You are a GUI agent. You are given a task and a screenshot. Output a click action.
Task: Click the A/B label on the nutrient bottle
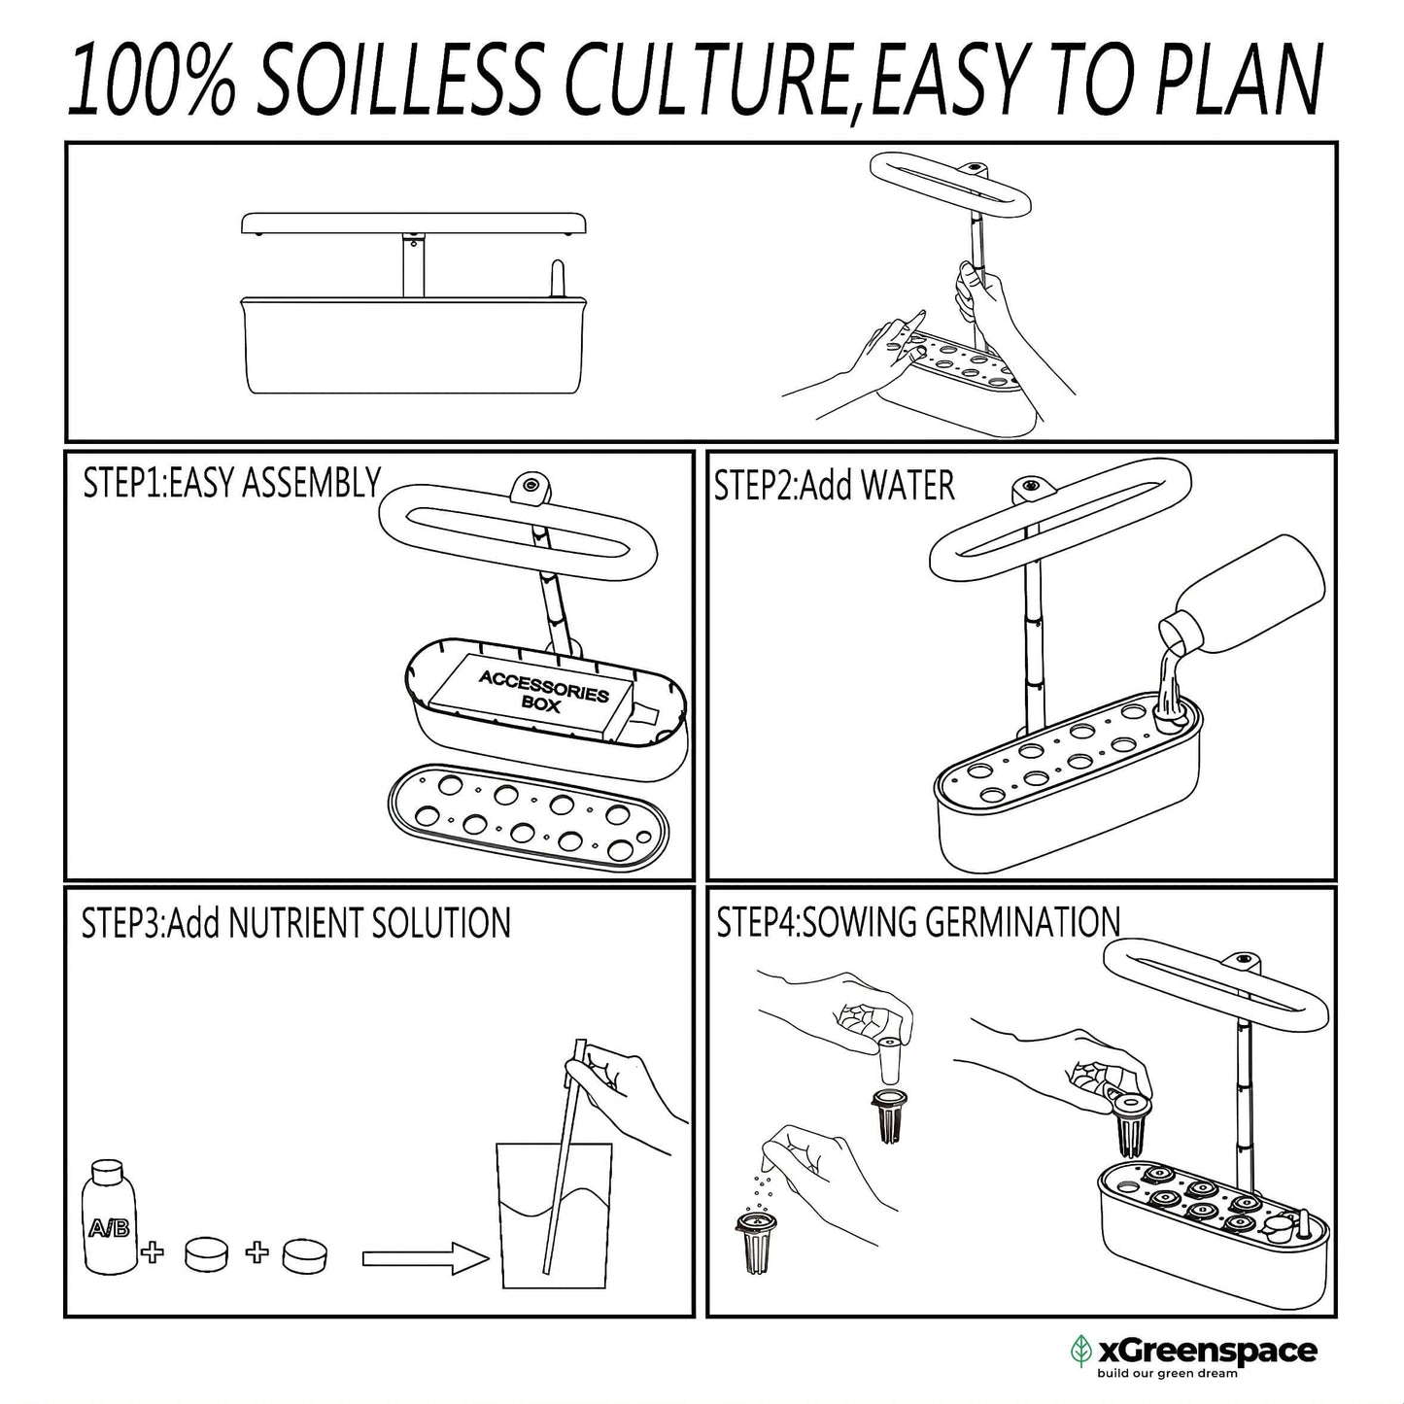pyautogui.click(x=109, y=1229)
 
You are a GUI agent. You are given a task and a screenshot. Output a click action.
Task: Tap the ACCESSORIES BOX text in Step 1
pyautogui.click(x=543, y=691)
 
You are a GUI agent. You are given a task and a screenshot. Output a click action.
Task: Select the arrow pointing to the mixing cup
pyautogui.click(x=425, y=1259)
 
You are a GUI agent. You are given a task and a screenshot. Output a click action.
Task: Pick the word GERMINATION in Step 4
pyautogui.click(x=1023, y=922)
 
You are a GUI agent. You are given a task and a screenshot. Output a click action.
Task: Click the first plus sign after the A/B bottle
pyautogui.click(x=153, y=1253)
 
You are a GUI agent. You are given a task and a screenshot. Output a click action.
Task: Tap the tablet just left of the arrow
pyautogui.click(x=304, y=1255)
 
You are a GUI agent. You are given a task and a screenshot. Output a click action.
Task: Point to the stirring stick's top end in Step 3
pyautogui.click(x=581, y=1041)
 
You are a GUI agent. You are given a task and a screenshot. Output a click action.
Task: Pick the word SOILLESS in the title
pyautogui.click(x=399, y=78)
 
